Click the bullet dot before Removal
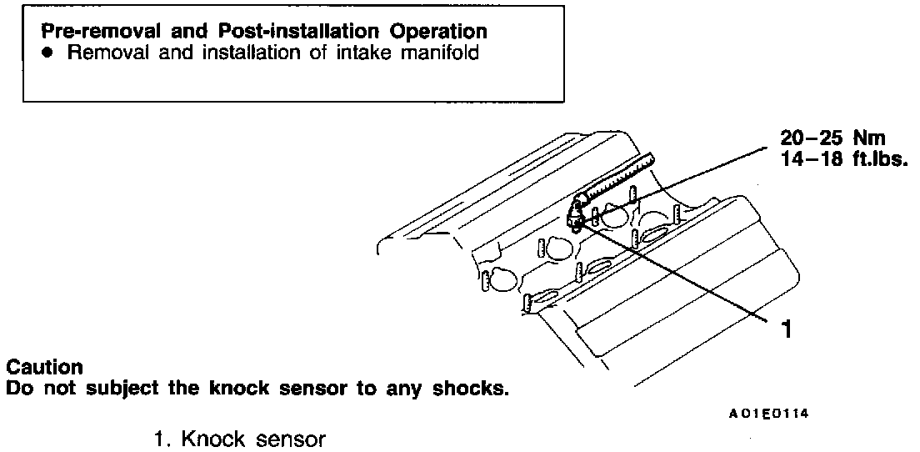(x=48, y=53)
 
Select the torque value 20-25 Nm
(x=832, y=138)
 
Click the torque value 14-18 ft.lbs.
(x=842, y=158)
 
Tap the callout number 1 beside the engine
(x=782, y=329)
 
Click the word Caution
(x=44, y=368)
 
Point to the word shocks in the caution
(x=472, y=389)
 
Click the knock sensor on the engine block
(x=575, y=218)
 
